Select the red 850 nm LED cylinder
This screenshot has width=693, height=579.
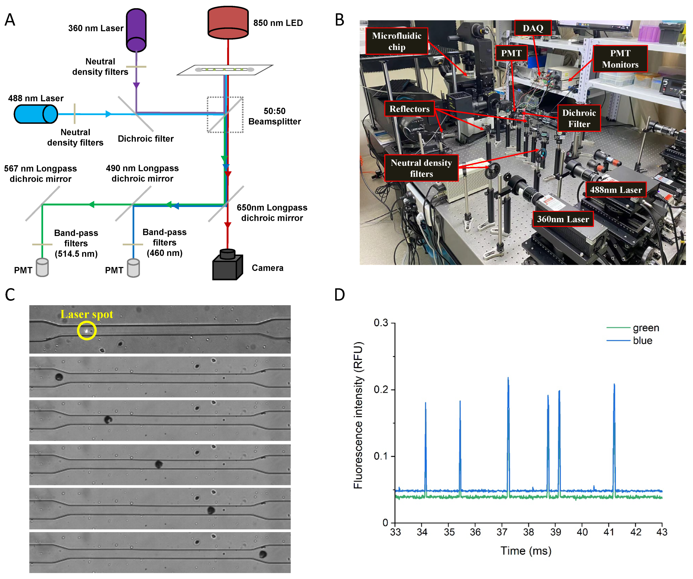point(228,22)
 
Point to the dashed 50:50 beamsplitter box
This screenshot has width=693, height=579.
point(225,115)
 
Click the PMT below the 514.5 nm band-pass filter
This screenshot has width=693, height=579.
point(42,267)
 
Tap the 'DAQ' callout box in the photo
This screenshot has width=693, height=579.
point(533,28)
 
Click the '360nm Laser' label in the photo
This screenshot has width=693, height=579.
point(563,219)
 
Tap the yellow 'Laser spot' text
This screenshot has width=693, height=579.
point(87,314)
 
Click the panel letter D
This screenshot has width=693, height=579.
point(340,294)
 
